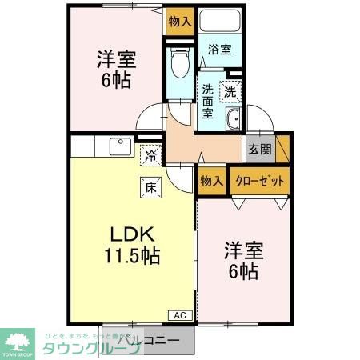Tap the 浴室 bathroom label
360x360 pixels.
click(x=220, y=50)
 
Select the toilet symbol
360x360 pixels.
click(x=180, y=62)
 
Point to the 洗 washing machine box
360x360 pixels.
click(x=230, y=91)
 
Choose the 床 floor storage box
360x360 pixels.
click(x=151, y=189)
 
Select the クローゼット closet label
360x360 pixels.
click(x=259, y=181)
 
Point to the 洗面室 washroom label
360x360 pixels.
click(x=208, y=102)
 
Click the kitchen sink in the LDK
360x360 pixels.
click(x=121, y=146)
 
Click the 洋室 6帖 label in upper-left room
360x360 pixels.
click(x=117, y=70)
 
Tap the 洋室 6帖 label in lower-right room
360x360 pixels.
click(x=240, y=260)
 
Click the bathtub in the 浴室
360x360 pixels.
click(x=221, y=22)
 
